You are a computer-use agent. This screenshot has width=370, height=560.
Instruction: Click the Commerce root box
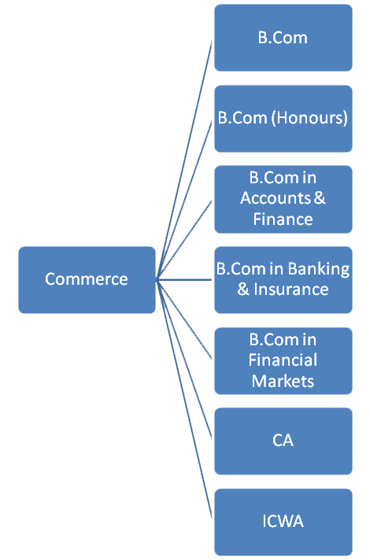(x=87, y=280)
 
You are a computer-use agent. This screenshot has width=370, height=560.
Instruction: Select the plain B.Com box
(x=283, y=38)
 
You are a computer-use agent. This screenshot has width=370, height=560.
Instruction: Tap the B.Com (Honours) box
(x=283, y=119)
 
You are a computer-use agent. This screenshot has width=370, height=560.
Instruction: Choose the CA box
(x=283, y=441)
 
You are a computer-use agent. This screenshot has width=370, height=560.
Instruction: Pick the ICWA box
(x=283, y=522)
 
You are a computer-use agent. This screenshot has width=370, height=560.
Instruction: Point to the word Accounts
(x=276, y=198)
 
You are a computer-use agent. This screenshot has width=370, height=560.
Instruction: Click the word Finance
(x=283, y=219)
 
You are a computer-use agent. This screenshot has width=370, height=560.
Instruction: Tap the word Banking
(x=319, y=269)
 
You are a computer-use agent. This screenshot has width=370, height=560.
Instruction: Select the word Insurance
(x=291, y=289)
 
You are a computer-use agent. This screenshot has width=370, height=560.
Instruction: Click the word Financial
(x=283, y=360)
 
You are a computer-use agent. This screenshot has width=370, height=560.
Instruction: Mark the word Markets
(x=283, y=381)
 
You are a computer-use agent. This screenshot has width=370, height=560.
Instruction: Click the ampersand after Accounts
(x=320, y=198)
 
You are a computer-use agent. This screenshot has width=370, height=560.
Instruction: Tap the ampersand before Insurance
(x=243, y=289)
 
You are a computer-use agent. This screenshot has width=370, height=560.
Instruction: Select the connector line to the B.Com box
(x=184, y=160)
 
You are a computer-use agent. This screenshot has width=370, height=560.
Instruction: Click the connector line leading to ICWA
(x=184, y=399)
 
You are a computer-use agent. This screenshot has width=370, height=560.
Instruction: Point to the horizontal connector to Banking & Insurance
(x=184, y=280)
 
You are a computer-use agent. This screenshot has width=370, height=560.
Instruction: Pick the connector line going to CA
(x=184, y=359)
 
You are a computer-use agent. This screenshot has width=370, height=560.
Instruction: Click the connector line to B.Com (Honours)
(x=184, y=201)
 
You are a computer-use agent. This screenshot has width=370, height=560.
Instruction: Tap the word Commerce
(x=87, y=279)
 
